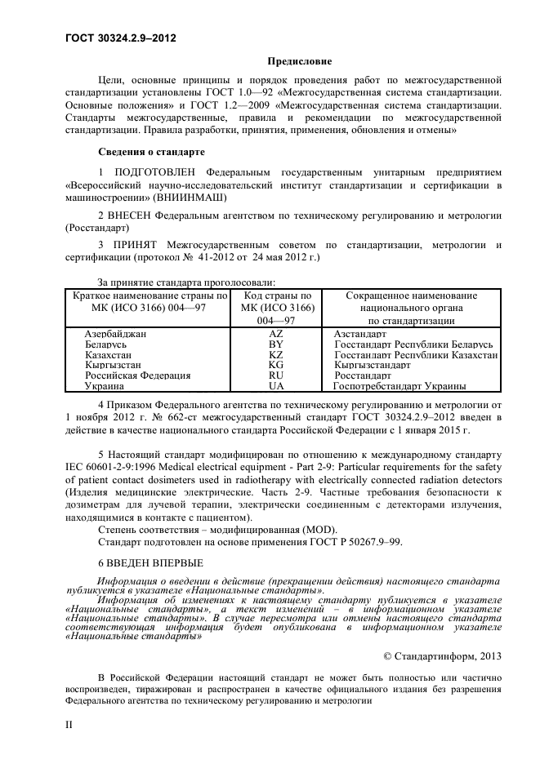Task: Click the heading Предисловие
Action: click(300, 60)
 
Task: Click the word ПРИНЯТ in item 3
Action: click(133, 244)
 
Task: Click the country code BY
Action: click(275, 345)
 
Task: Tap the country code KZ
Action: click(275, 356)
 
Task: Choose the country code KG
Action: click(275, 366)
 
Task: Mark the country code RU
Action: click(275, 375)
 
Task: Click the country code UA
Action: click(275, 386)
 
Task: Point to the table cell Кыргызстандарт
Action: click(373, 366)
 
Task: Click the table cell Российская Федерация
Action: click(137, 375)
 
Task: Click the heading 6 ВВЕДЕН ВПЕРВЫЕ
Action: click(150, 563)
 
